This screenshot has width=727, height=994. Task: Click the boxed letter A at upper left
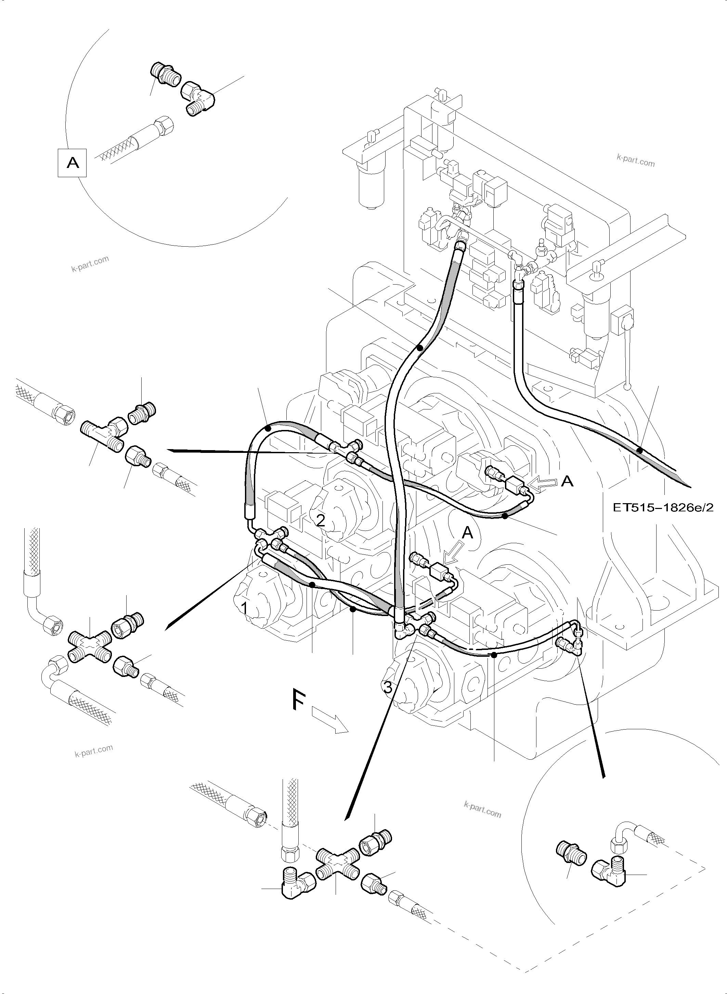[72, 163]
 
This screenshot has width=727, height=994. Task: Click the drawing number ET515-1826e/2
[663, 507]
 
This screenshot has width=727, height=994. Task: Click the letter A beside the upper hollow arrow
[568, 481]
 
